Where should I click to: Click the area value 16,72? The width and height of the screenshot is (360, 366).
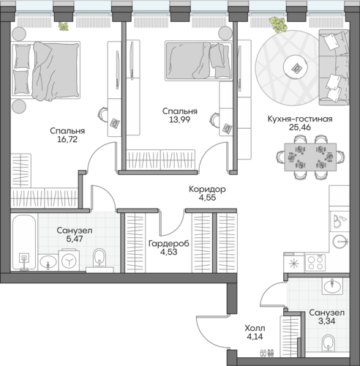click(x=67, y=139)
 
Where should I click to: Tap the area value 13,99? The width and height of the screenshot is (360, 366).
click(x=180, y=120)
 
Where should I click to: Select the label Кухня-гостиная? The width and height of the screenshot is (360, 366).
click(x=300, y=119)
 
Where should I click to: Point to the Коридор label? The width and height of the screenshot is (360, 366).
click(x=207, y=189)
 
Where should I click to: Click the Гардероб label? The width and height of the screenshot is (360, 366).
click(x=169, y=244)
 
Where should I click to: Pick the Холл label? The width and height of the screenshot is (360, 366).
click(x=255, y=328)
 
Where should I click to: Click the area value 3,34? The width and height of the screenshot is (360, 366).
click(x=326, y=321)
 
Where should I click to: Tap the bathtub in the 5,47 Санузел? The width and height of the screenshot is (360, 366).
click(x=24, y=242)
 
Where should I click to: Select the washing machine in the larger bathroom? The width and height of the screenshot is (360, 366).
click(x=69, y=260)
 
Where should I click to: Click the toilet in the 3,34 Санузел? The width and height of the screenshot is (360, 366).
click(x=328, y=343)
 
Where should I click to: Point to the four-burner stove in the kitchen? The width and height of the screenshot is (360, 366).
click(x=315, y=263)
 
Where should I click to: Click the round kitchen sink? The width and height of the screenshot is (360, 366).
click(x=340, y=242)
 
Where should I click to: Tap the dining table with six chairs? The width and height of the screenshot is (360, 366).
click(x=310, y=157)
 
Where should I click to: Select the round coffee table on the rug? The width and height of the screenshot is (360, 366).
click(x=296, y=67)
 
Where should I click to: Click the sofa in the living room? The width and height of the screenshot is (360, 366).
click(x=334, y=67)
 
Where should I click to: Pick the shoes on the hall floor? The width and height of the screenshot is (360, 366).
click(x=266, y=353)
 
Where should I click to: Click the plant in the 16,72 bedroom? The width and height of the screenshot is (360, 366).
click(x=63, y=26)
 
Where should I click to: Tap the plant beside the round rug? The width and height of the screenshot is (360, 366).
click(x=278, y=24)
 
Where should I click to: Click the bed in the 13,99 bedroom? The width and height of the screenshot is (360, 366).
click(x=198, y=61)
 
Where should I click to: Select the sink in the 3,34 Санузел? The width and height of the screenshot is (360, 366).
click(x=332, y=286)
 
